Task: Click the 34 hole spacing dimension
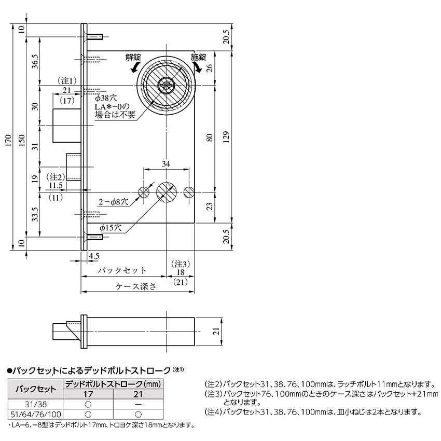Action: (166, 164)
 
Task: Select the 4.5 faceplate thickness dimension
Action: (94, 256)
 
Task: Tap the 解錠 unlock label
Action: (133, 57)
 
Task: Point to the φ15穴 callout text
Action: (111, 227)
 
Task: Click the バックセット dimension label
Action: (122, 271)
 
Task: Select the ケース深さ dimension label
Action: (135, 286)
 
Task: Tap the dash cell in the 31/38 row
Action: (138, 404)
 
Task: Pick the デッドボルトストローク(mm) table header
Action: (113, 384)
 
